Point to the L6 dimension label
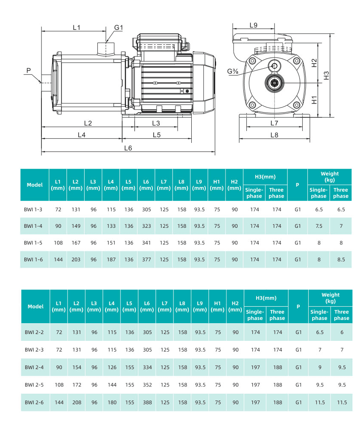128,148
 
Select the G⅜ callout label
233,72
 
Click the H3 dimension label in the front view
326,76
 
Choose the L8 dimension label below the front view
274,135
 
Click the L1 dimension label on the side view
76,28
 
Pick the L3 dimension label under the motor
156,123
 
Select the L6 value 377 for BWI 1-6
146,259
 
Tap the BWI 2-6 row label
33,402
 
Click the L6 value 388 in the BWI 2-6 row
147,402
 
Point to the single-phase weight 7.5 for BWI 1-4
319,226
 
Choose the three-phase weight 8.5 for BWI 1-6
341,259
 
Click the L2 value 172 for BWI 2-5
76,385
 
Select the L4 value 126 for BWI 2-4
112,367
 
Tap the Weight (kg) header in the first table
330,177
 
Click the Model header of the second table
35,306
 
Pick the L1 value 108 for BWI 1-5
59,243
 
